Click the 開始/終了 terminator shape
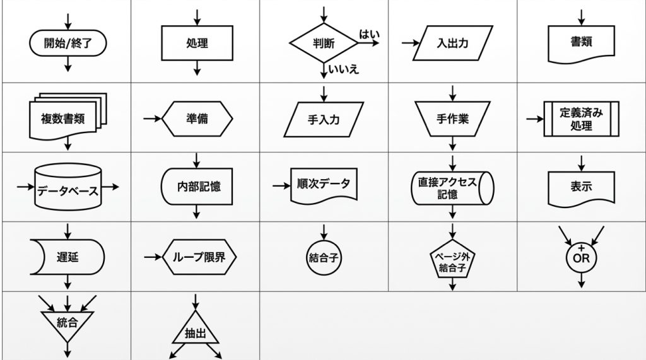pyautogui.click(x=68, y=43)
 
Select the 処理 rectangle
pyautogui.click(x=197, y=43)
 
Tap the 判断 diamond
pyautogui.click(x=324, y=43)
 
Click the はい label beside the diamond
pyautogui.click(x=369, y=33)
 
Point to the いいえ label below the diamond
pyautogui.click(x=344, y=69)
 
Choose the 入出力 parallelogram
pyautogui.click(x=452, y=44)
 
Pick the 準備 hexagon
pyautogui.click(x=197, y=118)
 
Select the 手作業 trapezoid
pyautogui.click(x=452, y=118)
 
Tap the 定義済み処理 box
pyautogui.click(x=581, y=119)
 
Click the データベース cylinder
pyautogui.click(x=68, y=188)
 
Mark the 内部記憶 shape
pyautogui.click(x=197, y=187)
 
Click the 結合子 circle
pyautogui.click(x=324, y=257)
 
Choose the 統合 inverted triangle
pyautogui.click(x=68, y=323)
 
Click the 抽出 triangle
pyautogui.click(x=197, y=332)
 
